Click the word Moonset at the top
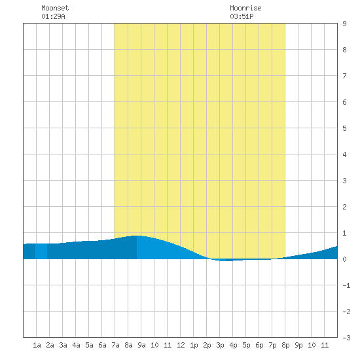coord(55,8)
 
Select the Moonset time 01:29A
coord(53,16)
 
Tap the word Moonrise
coord(245,8)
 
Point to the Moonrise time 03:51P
coord(242,16)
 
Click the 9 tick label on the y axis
coord(344,24)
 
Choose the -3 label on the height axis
coord(346,338)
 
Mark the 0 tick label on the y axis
coord(344,259)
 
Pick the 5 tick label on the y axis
coord(344,128)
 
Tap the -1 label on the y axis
coord(346,285)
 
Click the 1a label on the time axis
coord(37,345)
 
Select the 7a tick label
coord(115,345)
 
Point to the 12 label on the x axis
coord(181,345)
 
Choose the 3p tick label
coord(220,345)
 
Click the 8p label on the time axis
coord(285,345)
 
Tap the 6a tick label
coord(102,345)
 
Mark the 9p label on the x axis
coord(298,345)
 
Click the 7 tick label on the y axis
coord(344,76)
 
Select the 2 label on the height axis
coord(344,207)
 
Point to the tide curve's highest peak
coord(137,236)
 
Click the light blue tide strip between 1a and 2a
coord(41,251)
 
